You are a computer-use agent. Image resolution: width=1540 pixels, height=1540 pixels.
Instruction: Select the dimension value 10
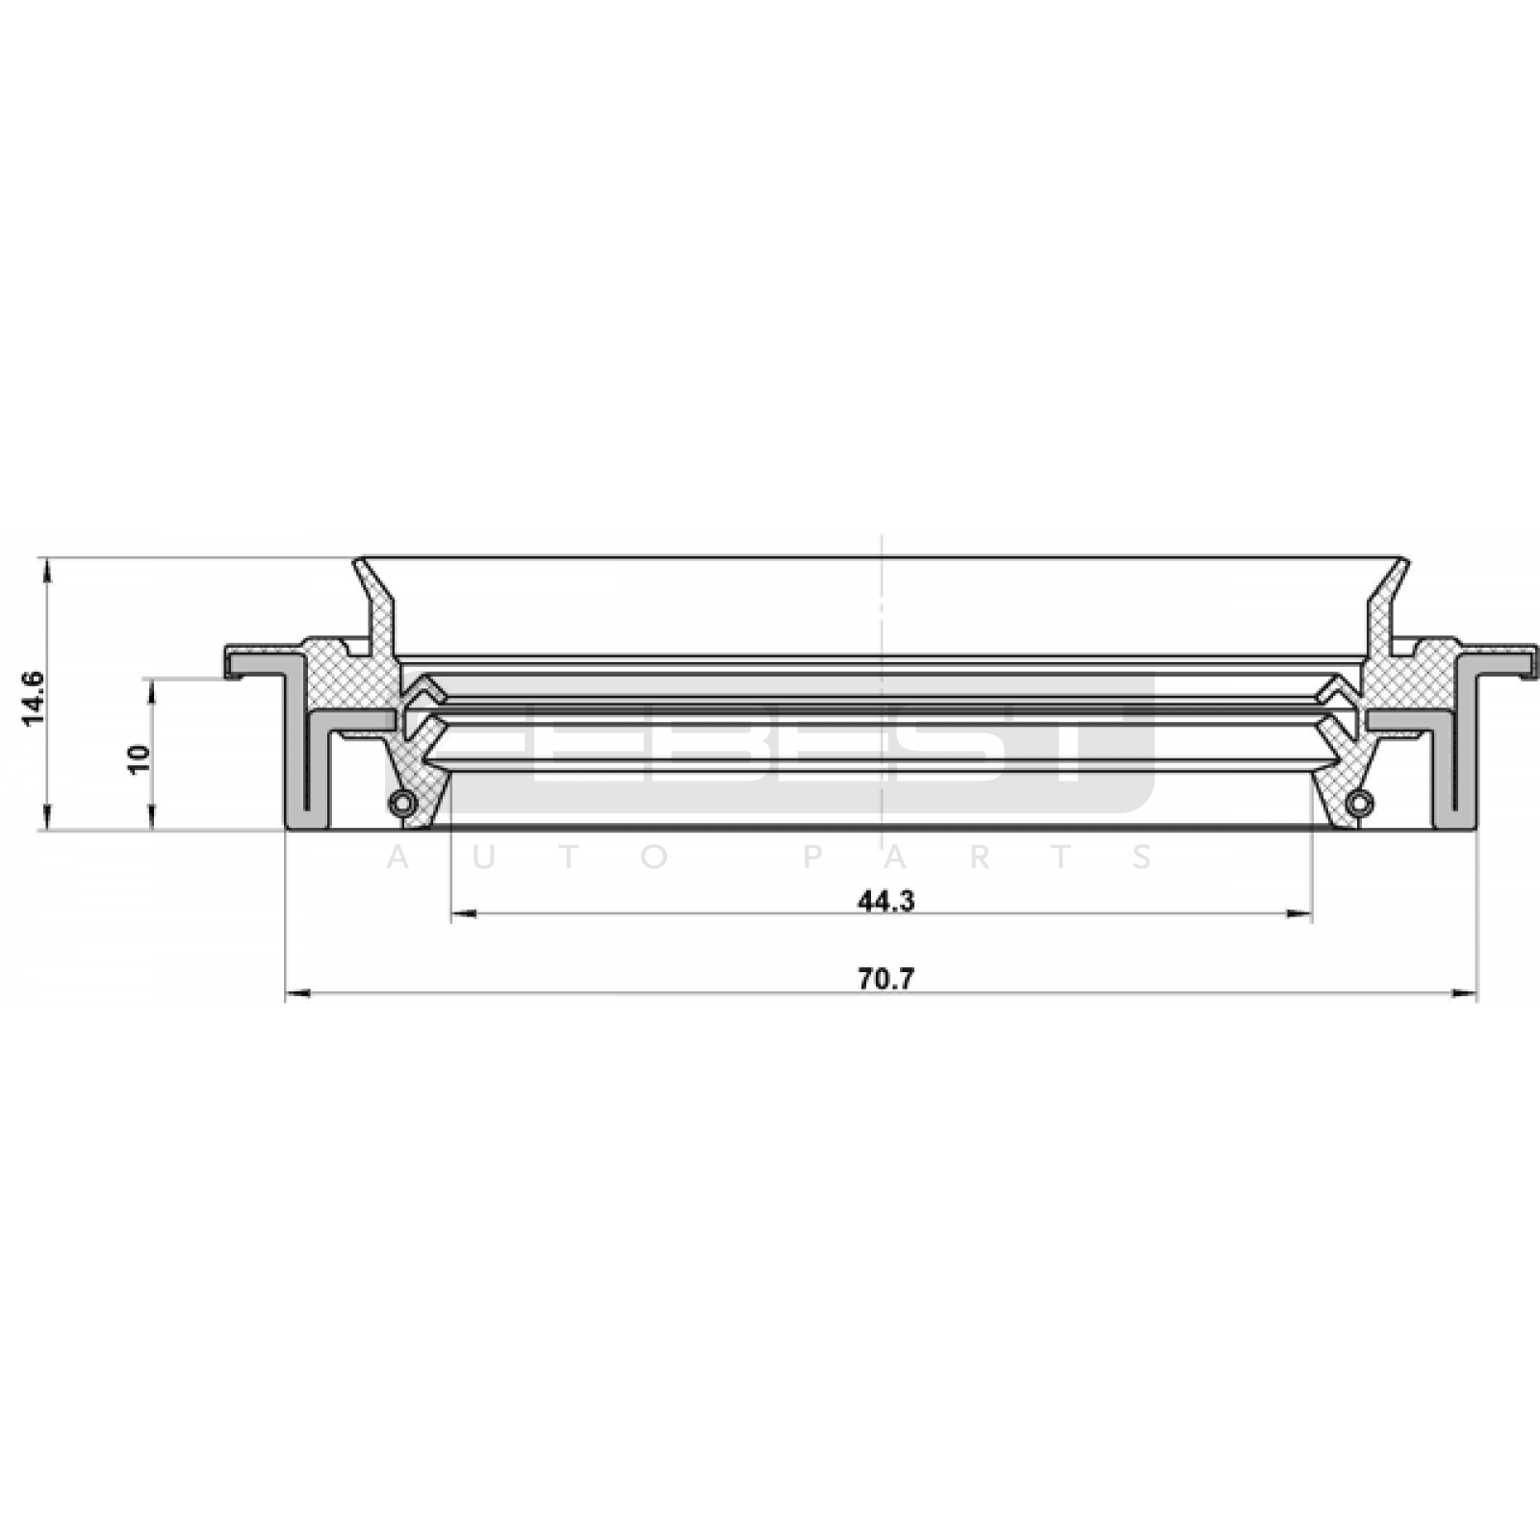coord(140,758)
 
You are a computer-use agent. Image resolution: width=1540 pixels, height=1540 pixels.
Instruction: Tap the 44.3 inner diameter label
coord(885,901)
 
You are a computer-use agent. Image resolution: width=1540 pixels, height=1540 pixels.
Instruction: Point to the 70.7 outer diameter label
coord(885,979)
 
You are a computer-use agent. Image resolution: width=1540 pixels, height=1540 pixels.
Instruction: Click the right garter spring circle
coord(1358,802)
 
